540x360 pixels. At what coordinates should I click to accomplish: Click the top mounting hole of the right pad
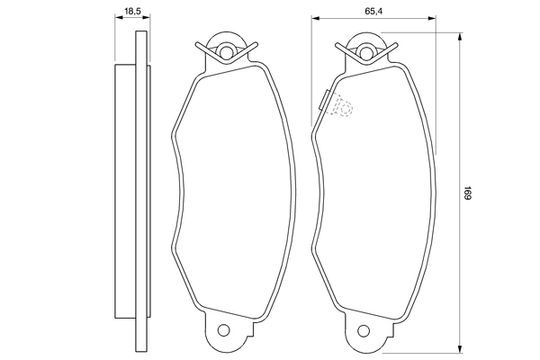367,45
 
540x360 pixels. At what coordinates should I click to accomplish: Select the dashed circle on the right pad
342,107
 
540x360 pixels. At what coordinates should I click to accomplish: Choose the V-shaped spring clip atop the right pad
367,54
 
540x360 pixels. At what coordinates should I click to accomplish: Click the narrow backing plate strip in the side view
139,189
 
